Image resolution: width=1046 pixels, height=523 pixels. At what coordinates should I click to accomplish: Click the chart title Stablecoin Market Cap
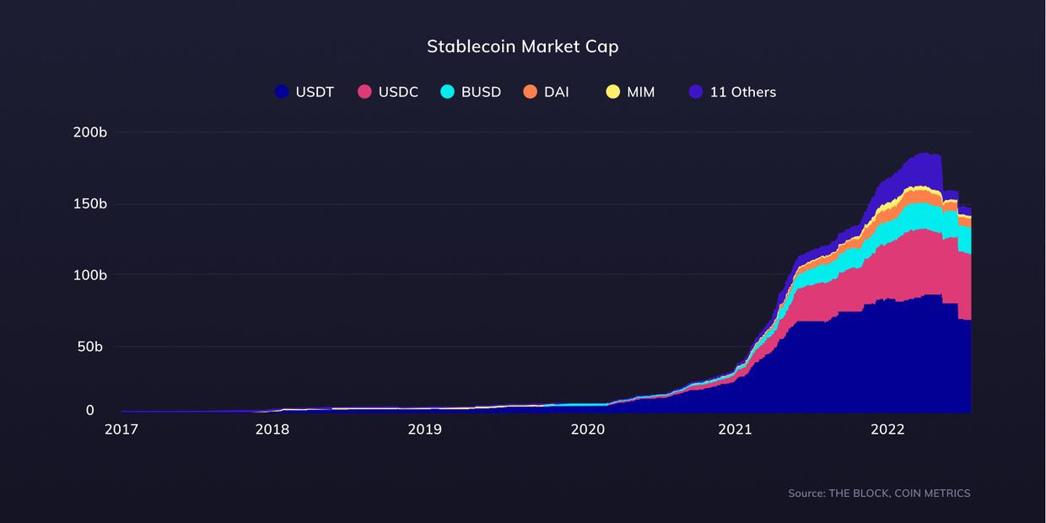pyautogui.click(x=522, y=46)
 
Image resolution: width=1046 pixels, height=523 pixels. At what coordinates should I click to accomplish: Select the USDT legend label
pyautogui.click(x=315, y=92)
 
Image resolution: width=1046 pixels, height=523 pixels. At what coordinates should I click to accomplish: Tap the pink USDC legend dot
pyautogui.click(x=364, y=92)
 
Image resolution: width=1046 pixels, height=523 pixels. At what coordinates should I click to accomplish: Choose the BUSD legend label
pyautogui.click(x=481, y=92)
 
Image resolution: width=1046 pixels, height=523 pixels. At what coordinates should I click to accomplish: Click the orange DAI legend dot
pyautogui.click(x=530, y=92)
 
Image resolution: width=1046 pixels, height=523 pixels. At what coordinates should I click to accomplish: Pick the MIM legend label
pyautogui.click(x=640, y=92)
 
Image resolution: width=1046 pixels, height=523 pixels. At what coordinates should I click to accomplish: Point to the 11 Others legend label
pyautogui.click(x=742, y=92)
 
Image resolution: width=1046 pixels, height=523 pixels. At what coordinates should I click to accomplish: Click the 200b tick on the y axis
pyautogui.click(x=90, y=132)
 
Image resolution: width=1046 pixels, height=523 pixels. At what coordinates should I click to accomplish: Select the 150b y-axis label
pyautogui.click(x=90, y=204)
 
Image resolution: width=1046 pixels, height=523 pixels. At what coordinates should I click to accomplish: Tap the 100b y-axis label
pyautogui.click(x=90, y=275)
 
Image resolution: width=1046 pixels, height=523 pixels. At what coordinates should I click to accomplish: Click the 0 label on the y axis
pyautogui.click(x=90, y=410)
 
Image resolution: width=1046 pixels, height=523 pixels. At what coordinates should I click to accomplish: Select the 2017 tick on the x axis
pyautogui.click(x=121, y=429)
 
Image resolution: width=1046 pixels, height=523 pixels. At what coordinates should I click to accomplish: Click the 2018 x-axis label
pyautogui.click(x=272, y=429)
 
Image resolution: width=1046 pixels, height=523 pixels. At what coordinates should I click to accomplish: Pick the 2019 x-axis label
pyautogui.click(x=424, y=429)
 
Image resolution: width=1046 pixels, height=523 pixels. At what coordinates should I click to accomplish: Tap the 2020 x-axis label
pyautogui.click(x=588, y=429)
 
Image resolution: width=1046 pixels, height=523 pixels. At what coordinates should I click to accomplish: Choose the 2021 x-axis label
pyautogui.click(x=735, y=429)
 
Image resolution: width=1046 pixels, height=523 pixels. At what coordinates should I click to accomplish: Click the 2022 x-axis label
pyautogui.click(x=887, y=429)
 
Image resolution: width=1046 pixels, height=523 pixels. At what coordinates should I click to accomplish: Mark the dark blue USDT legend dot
pyautogui.click(x=282, y=92)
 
